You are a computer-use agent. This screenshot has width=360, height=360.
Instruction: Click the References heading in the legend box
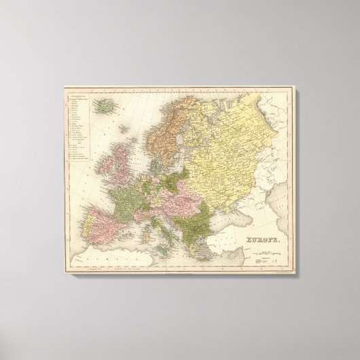point(79,99)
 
